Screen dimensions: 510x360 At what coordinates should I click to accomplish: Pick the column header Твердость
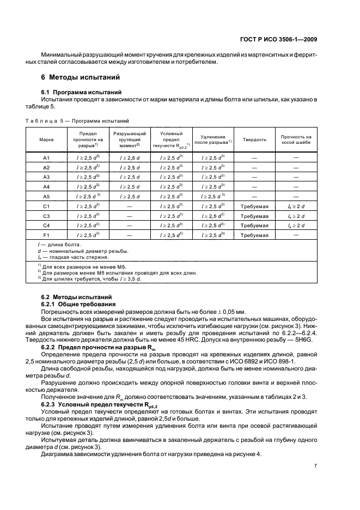[x=254, y=139]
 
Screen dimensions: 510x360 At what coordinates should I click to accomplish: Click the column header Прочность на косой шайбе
[x=296, y=139]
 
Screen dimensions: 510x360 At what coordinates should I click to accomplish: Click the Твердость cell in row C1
[x=254, y=207]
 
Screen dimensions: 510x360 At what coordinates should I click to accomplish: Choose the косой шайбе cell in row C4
[x=296, y=226]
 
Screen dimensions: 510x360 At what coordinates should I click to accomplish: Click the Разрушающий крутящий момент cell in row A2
[x=130, y=167]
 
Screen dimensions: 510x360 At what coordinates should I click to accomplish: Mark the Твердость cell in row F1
[x=254, y=235]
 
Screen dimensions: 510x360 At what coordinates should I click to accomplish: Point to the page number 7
[x=315, y=465]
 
